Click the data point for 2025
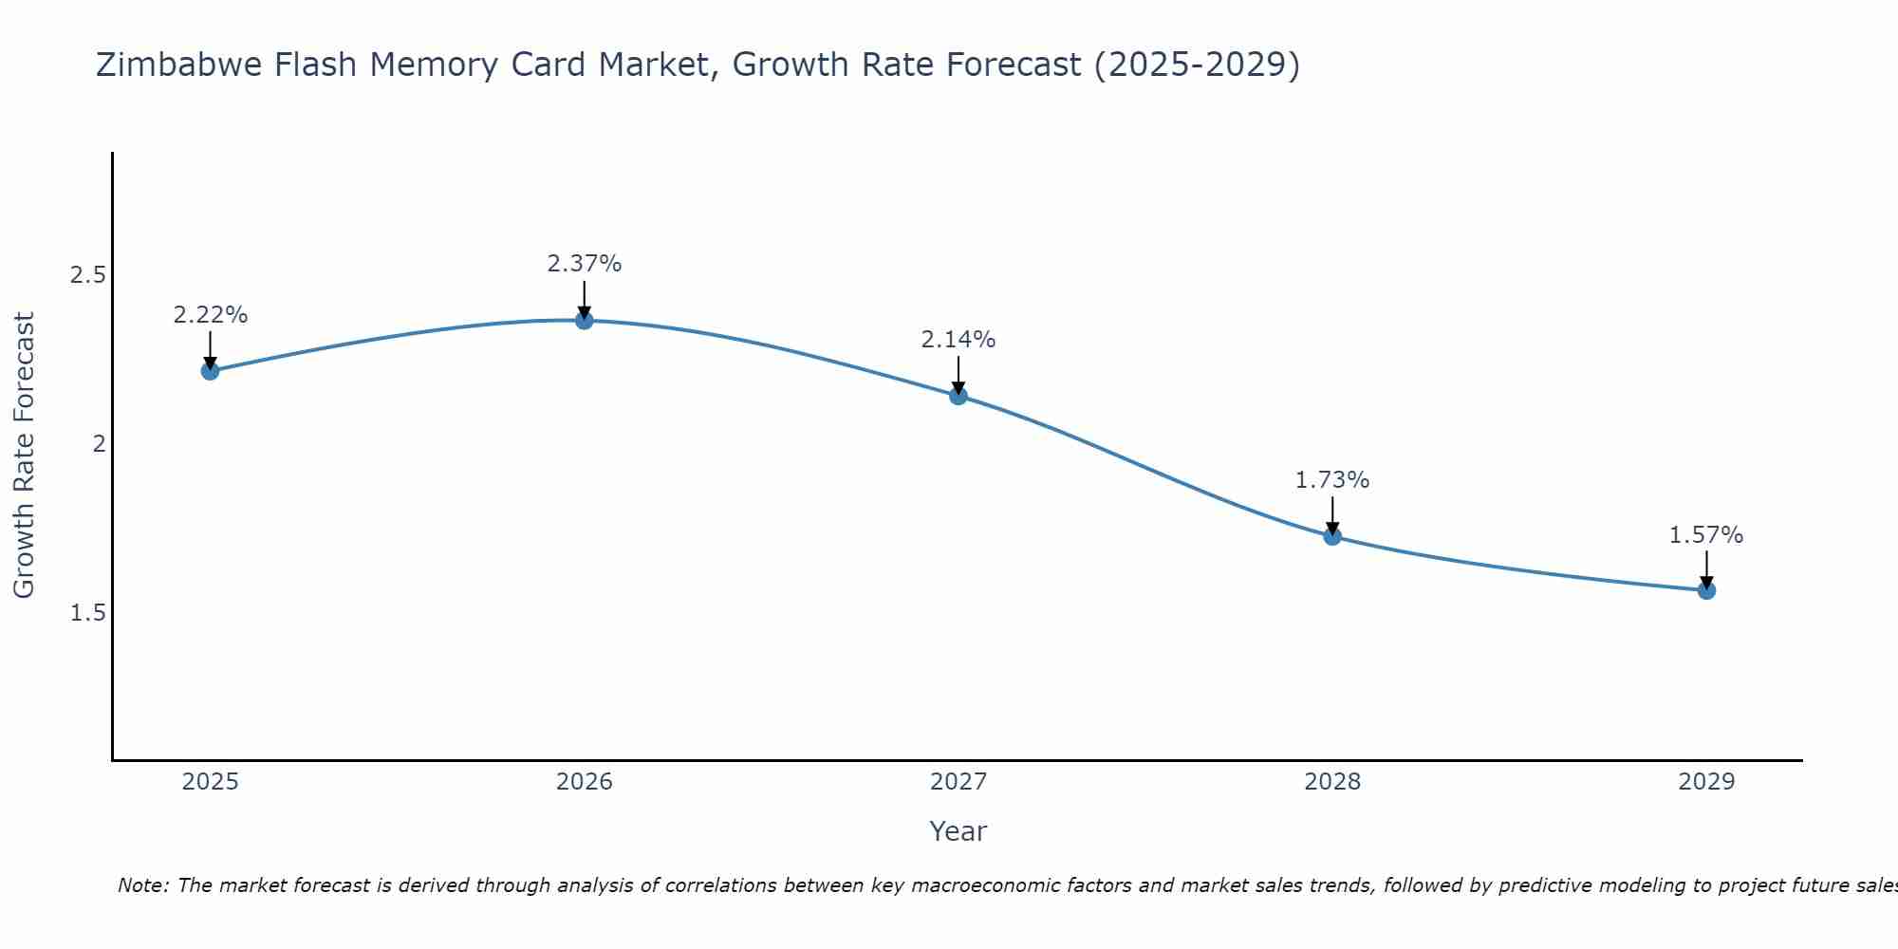pyautogui.click(x=210, y=370)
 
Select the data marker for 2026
pyautogui.click(x=585, y=320)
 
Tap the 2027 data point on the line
pyautogui.click(x=958, y=396)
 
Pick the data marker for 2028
pyautogui.click(x=1332, y=536)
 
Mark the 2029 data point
pyautogui.click(x=1706, y=590)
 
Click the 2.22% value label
pyautogui.click(x=210, y=315)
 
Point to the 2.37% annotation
pyautogui.click(x=585, y=264)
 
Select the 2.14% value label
pyautogui.click(x=958, y=340)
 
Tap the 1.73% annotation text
pyautogui.click(x=1332, y=480)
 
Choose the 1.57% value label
pyautogui.click(x=1706, y=535)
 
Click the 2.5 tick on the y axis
pyautogui.click(x=88, y=275)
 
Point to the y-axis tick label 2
pyautogui.click(x=99, y=444)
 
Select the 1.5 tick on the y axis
pyautogui.click(x=88, y=613)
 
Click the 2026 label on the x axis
pyautogui.click(x=585, y=782)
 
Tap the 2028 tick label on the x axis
pyautogui.click(x=1332, y=782)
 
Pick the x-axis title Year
pyautogui.click(x=958, y=831)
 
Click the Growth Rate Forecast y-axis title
pyautogui.click(x=24, y=456)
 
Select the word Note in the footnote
pyautogui.click(x=142, y=885)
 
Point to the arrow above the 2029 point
pyautogui.click(x=1706, y=569)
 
